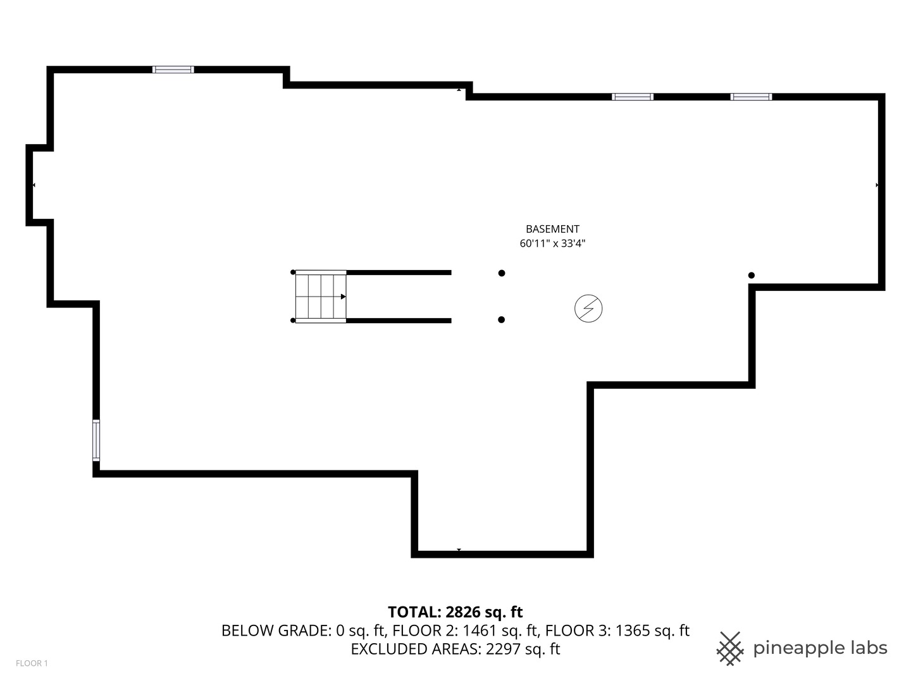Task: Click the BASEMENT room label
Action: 552,229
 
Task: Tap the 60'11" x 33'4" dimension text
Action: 552,243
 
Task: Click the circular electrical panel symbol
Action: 588,309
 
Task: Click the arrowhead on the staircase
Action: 343,297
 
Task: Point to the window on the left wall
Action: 96,440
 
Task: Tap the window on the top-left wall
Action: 173,70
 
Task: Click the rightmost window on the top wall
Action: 751,97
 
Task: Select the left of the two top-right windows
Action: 632,97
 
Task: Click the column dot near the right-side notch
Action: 752,275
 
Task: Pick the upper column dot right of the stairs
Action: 502,273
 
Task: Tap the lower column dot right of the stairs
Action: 502,320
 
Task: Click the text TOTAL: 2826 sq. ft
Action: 455,612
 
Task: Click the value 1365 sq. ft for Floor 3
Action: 652,631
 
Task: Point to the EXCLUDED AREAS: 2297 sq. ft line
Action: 455,649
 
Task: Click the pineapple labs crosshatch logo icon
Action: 729,648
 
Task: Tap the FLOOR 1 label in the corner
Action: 32,663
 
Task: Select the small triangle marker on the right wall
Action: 877,185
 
